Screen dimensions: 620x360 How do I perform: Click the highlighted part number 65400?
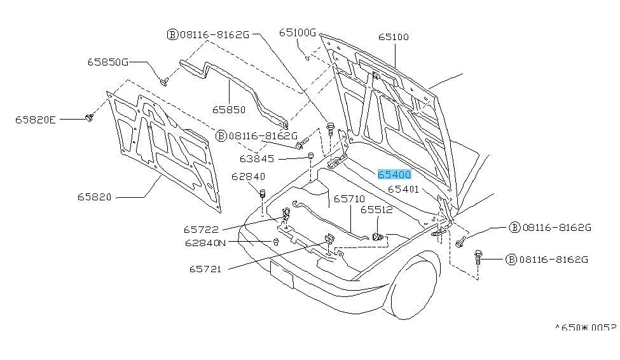[x=394, y=174]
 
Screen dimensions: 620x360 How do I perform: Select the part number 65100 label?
[x=394, y=37]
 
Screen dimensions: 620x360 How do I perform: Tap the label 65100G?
[x=298, y=32]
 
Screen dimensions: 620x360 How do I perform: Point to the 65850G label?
[x=108, y=62]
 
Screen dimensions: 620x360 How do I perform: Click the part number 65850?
[x=229, y=109]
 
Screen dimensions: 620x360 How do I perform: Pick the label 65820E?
[x=36, y=120]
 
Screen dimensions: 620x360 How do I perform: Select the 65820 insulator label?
[x=95, y=197]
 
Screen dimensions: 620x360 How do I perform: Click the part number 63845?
[x=257, y=158]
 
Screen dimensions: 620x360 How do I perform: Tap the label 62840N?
[x=205, y=242]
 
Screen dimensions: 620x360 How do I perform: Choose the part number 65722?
[x=201, y=230]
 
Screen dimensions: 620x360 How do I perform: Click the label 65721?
[x=205, y=269]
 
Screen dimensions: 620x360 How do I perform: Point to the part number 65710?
[x=349, y=198]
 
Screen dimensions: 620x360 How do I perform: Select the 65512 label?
[x=376, y=210]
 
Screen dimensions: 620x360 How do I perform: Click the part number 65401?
[x=403, y=189]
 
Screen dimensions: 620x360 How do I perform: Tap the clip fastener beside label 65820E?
[x=90, y=117]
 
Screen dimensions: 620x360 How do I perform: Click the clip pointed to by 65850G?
[x=164, y=81]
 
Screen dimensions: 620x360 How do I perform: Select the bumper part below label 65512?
[x=378, y=237]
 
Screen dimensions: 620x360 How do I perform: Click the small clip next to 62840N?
[x=276, y=241]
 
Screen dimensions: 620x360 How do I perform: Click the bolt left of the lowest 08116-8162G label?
[x=478, y=257]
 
